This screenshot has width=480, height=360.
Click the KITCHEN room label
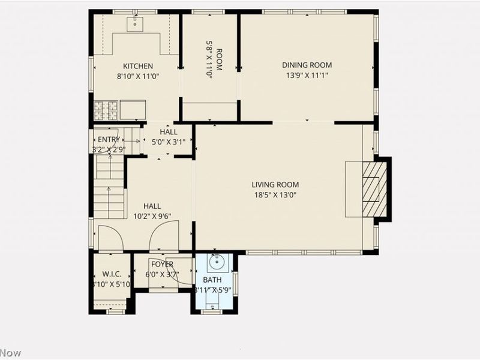pyautogui.click(x=138, y=66)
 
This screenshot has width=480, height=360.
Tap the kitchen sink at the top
pyautogui.click(x=136, y=23)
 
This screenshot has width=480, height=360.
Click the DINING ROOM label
pyautogui.click(x=307, y=65)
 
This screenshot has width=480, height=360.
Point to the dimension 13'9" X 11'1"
pyautogui.click(x=307, y=75)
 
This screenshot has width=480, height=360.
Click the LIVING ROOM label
pyautogui.click(x=275, y=185)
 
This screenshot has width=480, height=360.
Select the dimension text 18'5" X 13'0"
pyautogui.click(x=275, y=194)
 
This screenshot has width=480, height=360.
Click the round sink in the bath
pyautogui.click(x=216, y=262)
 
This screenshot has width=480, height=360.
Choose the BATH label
pyautogui.click(x=212, y=280)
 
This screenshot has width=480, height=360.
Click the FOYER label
pyautogui.click(x=162, y=265)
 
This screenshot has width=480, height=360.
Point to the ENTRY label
pyautogui.click(x=109, y=139)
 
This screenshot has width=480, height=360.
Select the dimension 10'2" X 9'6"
pyautogui.click(x=152, y=216)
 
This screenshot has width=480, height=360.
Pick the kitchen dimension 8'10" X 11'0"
pyautogui.click(x=138, y=76)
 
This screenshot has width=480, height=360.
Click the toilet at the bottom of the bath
pyautogui.click(x=214, y=306)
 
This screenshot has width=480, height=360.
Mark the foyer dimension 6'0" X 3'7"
pyautogui.click(x=162, y=275)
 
